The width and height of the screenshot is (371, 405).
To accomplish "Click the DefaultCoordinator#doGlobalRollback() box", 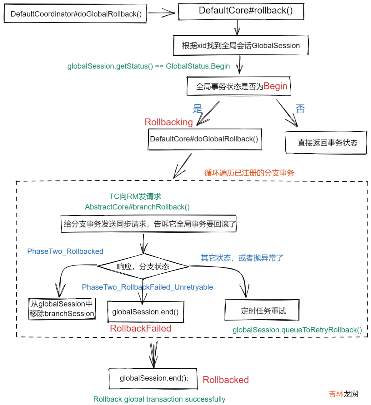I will coord(75,14).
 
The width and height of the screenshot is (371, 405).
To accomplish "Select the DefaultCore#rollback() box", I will coord(241,11).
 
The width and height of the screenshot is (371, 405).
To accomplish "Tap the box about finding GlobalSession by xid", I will coord(241,46).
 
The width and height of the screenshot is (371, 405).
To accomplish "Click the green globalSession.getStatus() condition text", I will coord(148,66).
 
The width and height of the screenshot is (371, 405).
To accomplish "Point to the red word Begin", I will coord(275,86).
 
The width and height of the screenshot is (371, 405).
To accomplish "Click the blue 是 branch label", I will coord(198,109).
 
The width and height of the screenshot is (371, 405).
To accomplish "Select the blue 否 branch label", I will coord(300,109).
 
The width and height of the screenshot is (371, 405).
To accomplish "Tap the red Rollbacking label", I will coord(168,122).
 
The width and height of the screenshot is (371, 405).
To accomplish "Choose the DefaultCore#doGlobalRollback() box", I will coord(205,139).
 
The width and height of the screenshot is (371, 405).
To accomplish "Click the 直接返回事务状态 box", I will coord(326,143).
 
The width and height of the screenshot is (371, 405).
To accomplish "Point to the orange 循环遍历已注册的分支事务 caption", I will coord(249,173).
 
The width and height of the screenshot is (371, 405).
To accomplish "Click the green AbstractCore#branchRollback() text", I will coord(137,207).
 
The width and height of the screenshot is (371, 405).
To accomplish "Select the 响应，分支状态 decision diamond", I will coord(143,266).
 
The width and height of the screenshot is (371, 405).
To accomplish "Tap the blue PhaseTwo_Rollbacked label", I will coord(65,251).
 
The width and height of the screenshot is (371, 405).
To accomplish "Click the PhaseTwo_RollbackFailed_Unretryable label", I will coord(147,287).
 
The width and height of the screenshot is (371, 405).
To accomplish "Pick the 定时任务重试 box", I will coord(262,310).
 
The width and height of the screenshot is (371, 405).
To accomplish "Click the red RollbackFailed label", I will coord(140,328).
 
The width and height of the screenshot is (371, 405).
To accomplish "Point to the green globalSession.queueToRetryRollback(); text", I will coord(298,330).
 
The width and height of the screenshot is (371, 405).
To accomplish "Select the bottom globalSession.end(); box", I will coord(153,379).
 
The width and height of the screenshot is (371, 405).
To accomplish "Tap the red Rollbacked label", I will coord(226,380).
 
